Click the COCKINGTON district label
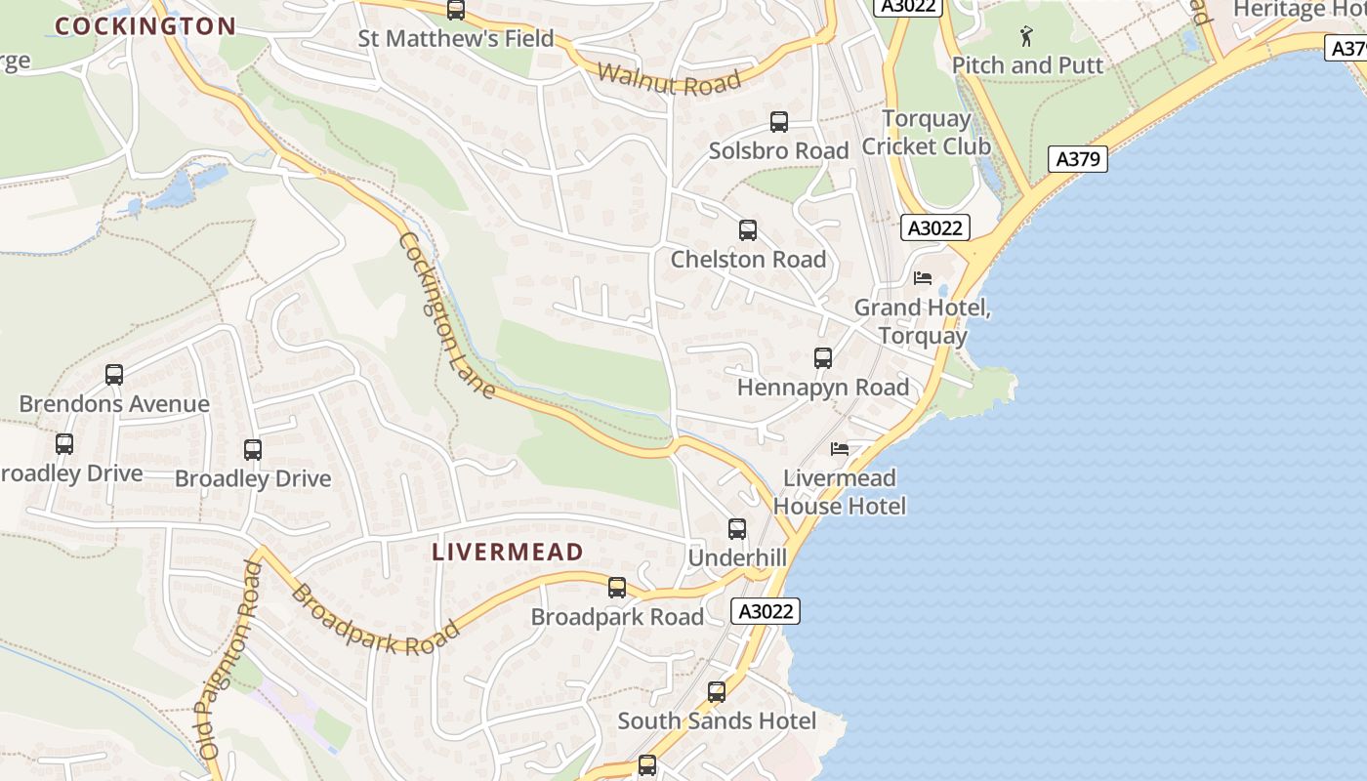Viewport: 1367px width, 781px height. click(145, 26)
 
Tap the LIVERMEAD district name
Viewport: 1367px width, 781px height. click(507, 552)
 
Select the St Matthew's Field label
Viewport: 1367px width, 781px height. click(456, 39)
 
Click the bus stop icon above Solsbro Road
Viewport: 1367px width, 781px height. click(778, 122)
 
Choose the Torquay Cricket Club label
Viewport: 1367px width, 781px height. click(926, 133)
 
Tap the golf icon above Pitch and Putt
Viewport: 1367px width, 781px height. click(1026, 37)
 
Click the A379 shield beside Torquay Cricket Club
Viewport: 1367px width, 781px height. click(1078, 159)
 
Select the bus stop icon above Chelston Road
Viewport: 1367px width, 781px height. click(748, 230)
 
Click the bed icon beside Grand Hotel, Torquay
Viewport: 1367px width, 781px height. click(923, 278)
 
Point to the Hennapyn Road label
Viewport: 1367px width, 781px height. click(822, 388)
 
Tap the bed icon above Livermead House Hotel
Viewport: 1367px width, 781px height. click(840, 449)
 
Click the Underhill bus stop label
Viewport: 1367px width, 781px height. click(737, 557)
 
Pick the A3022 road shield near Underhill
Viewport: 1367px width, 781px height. click(766, 611)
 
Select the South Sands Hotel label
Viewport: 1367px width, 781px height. click(717, 721)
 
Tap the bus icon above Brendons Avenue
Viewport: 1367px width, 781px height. click(114, 375)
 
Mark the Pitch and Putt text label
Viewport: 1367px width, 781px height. click(1027, 65)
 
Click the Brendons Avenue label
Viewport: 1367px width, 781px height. click(114, 404)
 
